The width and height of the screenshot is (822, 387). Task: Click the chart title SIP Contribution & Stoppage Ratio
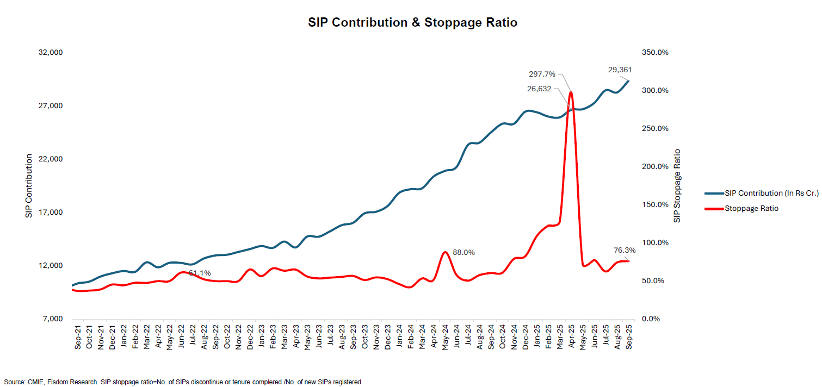coord(412,23)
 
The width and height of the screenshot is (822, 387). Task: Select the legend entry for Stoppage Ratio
coord(751,208)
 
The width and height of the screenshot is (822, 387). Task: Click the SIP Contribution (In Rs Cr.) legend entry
coord(771,193)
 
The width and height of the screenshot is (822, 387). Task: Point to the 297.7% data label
coord(542,74)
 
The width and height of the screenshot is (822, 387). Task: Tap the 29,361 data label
coord(620,70)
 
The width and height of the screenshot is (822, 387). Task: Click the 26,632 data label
coord(542,89)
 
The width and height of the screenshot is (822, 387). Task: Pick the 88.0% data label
coord(463,252)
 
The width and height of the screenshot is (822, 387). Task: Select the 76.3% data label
coord(624,251)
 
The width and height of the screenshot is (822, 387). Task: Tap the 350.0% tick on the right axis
coord(655,53)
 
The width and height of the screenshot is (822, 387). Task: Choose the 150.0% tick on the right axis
coord(655,204)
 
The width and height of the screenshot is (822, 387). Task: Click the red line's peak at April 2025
coord(571,92)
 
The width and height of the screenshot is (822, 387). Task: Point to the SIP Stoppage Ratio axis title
coord(677,185)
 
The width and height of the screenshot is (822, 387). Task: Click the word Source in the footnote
coord(14,382)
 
